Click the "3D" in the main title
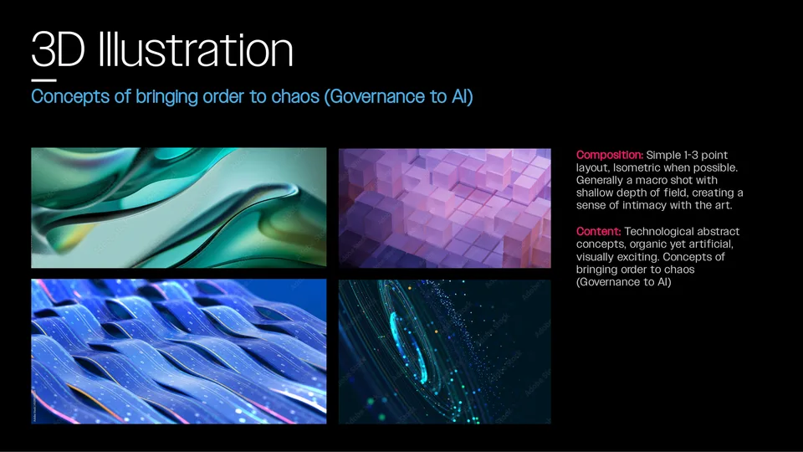click(58, 49)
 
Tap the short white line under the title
click(44, 80)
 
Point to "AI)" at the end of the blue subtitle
click(462, 96)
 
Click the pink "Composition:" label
click(610, 156)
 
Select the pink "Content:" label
click(598, 232)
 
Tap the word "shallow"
click(594, 193)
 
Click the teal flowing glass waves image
click(179, 208)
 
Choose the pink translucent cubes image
click(444, 208)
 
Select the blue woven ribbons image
click(179, 352)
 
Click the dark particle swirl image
click(444, 352)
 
